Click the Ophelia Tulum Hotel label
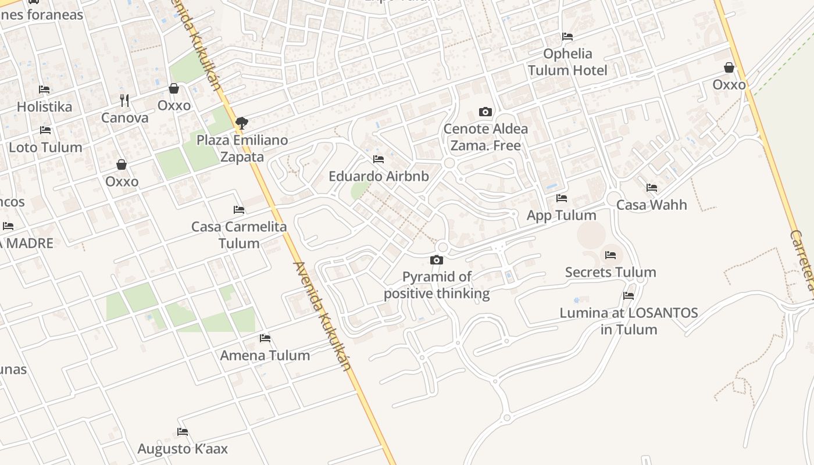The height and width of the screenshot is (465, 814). tap(567, 62)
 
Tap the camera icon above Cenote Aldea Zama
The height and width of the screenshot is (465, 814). tap(485, 112)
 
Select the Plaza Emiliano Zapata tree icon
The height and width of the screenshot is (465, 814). tap(242, 123)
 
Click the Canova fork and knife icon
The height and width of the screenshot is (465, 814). tap(124, 101)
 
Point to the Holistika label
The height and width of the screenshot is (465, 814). tap(44, 107)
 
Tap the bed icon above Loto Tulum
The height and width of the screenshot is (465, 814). tap(45, 130)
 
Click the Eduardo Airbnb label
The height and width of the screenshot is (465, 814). tap(379, 177)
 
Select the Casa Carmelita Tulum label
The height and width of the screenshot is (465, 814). tap(239, 235)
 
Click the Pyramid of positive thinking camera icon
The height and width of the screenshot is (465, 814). tap(437, 260)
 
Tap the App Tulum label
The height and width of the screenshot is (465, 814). tap(561, 216)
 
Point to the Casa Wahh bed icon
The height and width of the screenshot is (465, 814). tap(652, 188)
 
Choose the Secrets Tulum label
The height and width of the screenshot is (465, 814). tap(610, 273)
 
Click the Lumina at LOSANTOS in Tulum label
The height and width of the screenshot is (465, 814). tap(629, 321)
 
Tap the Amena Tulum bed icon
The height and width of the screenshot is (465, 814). tap(265, 338)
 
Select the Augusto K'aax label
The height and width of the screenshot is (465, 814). tap(183, 449)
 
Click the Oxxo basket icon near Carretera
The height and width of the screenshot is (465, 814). tap(729, 67)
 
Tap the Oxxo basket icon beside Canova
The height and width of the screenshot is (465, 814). tap(174, 88)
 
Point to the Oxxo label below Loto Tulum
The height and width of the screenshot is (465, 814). tap(122, 182)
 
